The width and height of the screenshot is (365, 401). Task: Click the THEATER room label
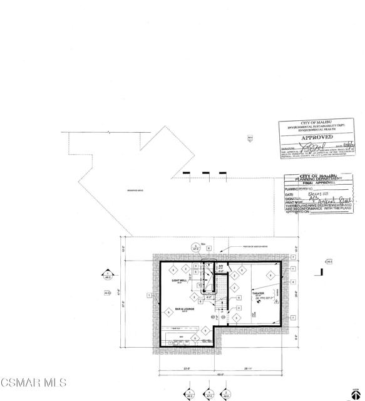point(259,293)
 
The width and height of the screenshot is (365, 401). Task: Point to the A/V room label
point(220,266)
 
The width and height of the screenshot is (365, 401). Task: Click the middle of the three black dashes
point(205,172)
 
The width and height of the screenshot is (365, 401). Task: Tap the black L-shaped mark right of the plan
point(321,272)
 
